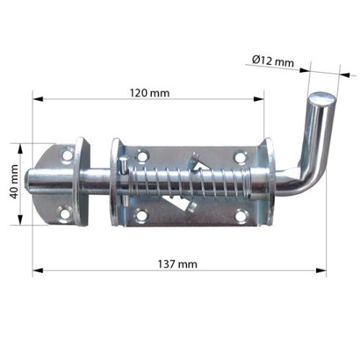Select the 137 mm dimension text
177,265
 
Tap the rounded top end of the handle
321,97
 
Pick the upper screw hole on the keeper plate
67,155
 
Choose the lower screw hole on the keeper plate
66,213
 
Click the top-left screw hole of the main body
142,155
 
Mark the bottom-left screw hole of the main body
141,215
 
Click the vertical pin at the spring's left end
125,176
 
